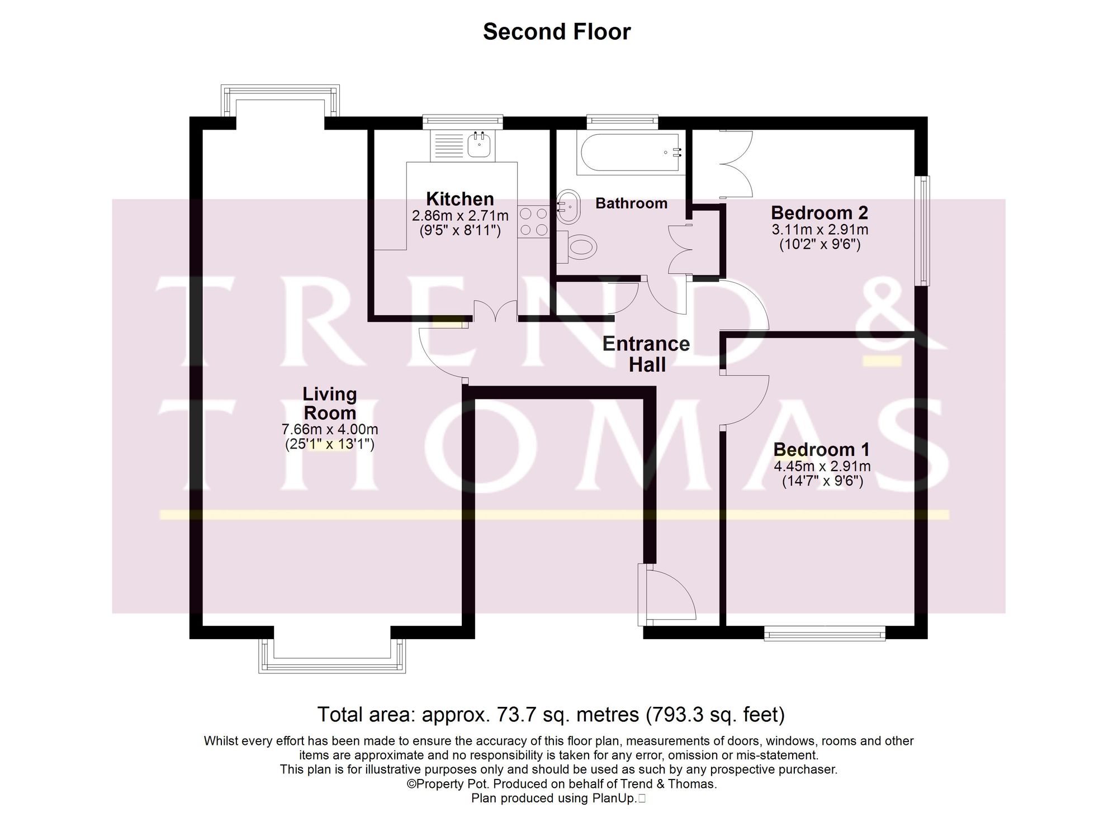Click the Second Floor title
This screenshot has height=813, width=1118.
point(557,32)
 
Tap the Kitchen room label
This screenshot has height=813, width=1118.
point(459,199)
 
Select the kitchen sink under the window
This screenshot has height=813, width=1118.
point(480,145)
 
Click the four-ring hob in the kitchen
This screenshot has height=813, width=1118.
point(533,221)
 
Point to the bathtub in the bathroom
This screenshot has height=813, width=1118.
point(630,152)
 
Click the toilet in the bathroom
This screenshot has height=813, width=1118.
point(578,246)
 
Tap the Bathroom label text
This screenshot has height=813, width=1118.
point(631,203)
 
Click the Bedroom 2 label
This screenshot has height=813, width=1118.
point(819,213)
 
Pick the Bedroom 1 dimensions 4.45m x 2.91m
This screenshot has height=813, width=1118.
point(822,466)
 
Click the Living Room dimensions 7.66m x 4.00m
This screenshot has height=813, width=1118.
point(330,430)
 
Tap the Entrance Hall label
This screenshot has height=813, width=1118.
point(646,354)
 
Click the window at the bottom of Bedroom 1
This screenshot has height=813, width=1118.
point(825,633)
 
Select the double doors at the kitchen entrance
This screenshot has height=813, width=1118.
point(495,311)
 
